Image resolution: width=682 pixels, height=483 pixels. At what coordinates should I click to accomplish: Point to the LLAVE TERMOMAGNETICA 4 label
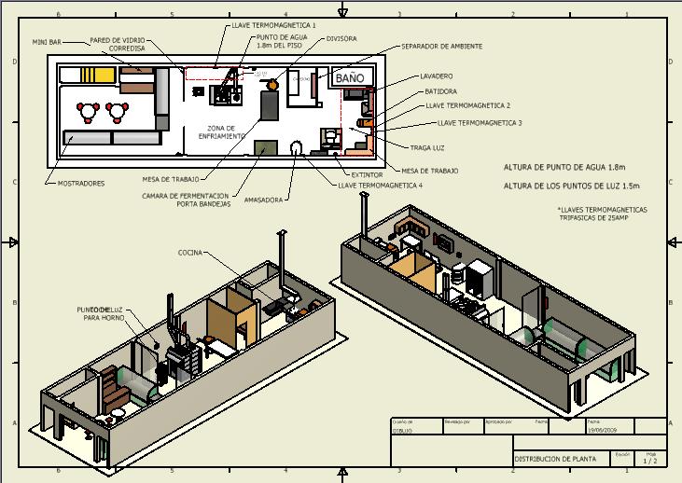381,186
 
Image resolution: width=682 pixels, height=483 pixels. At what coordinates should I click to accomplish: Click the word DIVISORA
342,39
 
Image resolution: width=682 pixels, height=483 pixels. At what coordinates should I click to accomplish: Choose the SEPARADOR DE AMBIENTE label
441,46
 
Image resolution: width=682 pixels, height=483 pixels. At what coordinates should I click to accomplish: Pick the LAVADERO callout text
437,76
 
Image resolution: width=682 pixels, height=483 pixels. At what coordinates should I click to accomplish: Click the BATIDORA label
440,91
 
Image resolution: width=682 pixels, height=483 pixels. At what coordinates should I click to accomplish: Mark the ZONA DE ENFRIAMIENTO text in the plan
221,132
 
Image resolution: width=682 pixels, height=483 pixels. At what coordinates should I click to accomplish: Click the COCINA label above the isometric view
192,253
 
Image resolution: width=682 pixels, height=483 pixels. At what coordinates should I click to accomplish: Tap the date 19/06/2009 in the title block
603,431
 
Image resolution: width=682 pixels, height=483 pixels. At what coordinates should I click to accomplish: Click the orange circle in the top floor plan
273,85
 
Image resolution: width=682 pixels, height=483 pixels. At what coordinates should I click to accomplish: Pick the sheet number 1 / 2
651,460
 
